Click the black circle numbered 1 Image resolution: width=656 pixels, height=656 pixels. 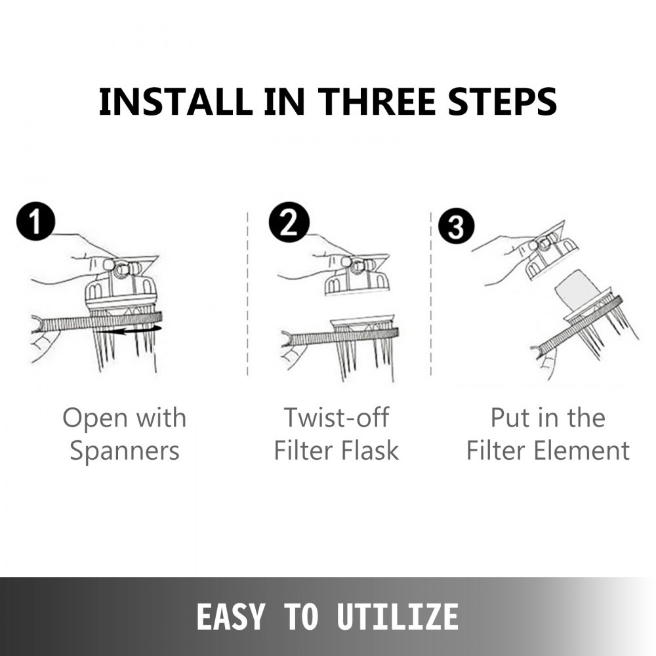click(36, 222)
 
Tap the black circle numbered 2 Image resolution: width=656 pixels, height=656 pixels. click(289, 222)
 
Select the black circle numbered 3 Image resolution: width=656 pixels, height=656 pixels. click(456, 226)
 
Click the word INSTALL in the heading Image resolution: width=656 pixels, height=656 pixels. click(175, 102)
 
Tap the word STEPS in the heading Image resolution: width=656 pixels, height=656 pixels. click(502, 102)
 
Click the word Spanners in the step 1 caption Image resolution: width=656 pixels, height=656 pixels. click(125, 451)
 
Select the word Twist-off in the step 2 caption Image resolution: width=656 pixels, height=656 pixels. click(337, 417)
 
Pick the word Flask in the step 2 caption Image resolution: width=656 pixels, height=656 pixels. click(370, 450)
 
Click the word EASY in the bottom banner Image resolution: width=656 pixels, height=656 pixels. click(230, 616)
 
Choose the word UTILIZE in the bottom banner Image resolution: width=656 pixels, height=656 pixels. click(398, 616)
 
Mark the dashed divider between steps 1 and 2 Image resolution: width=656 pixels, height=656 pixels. click(248, 294)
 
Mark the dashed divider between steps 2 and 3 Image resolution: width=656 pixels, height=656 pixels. click(431, 294)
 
